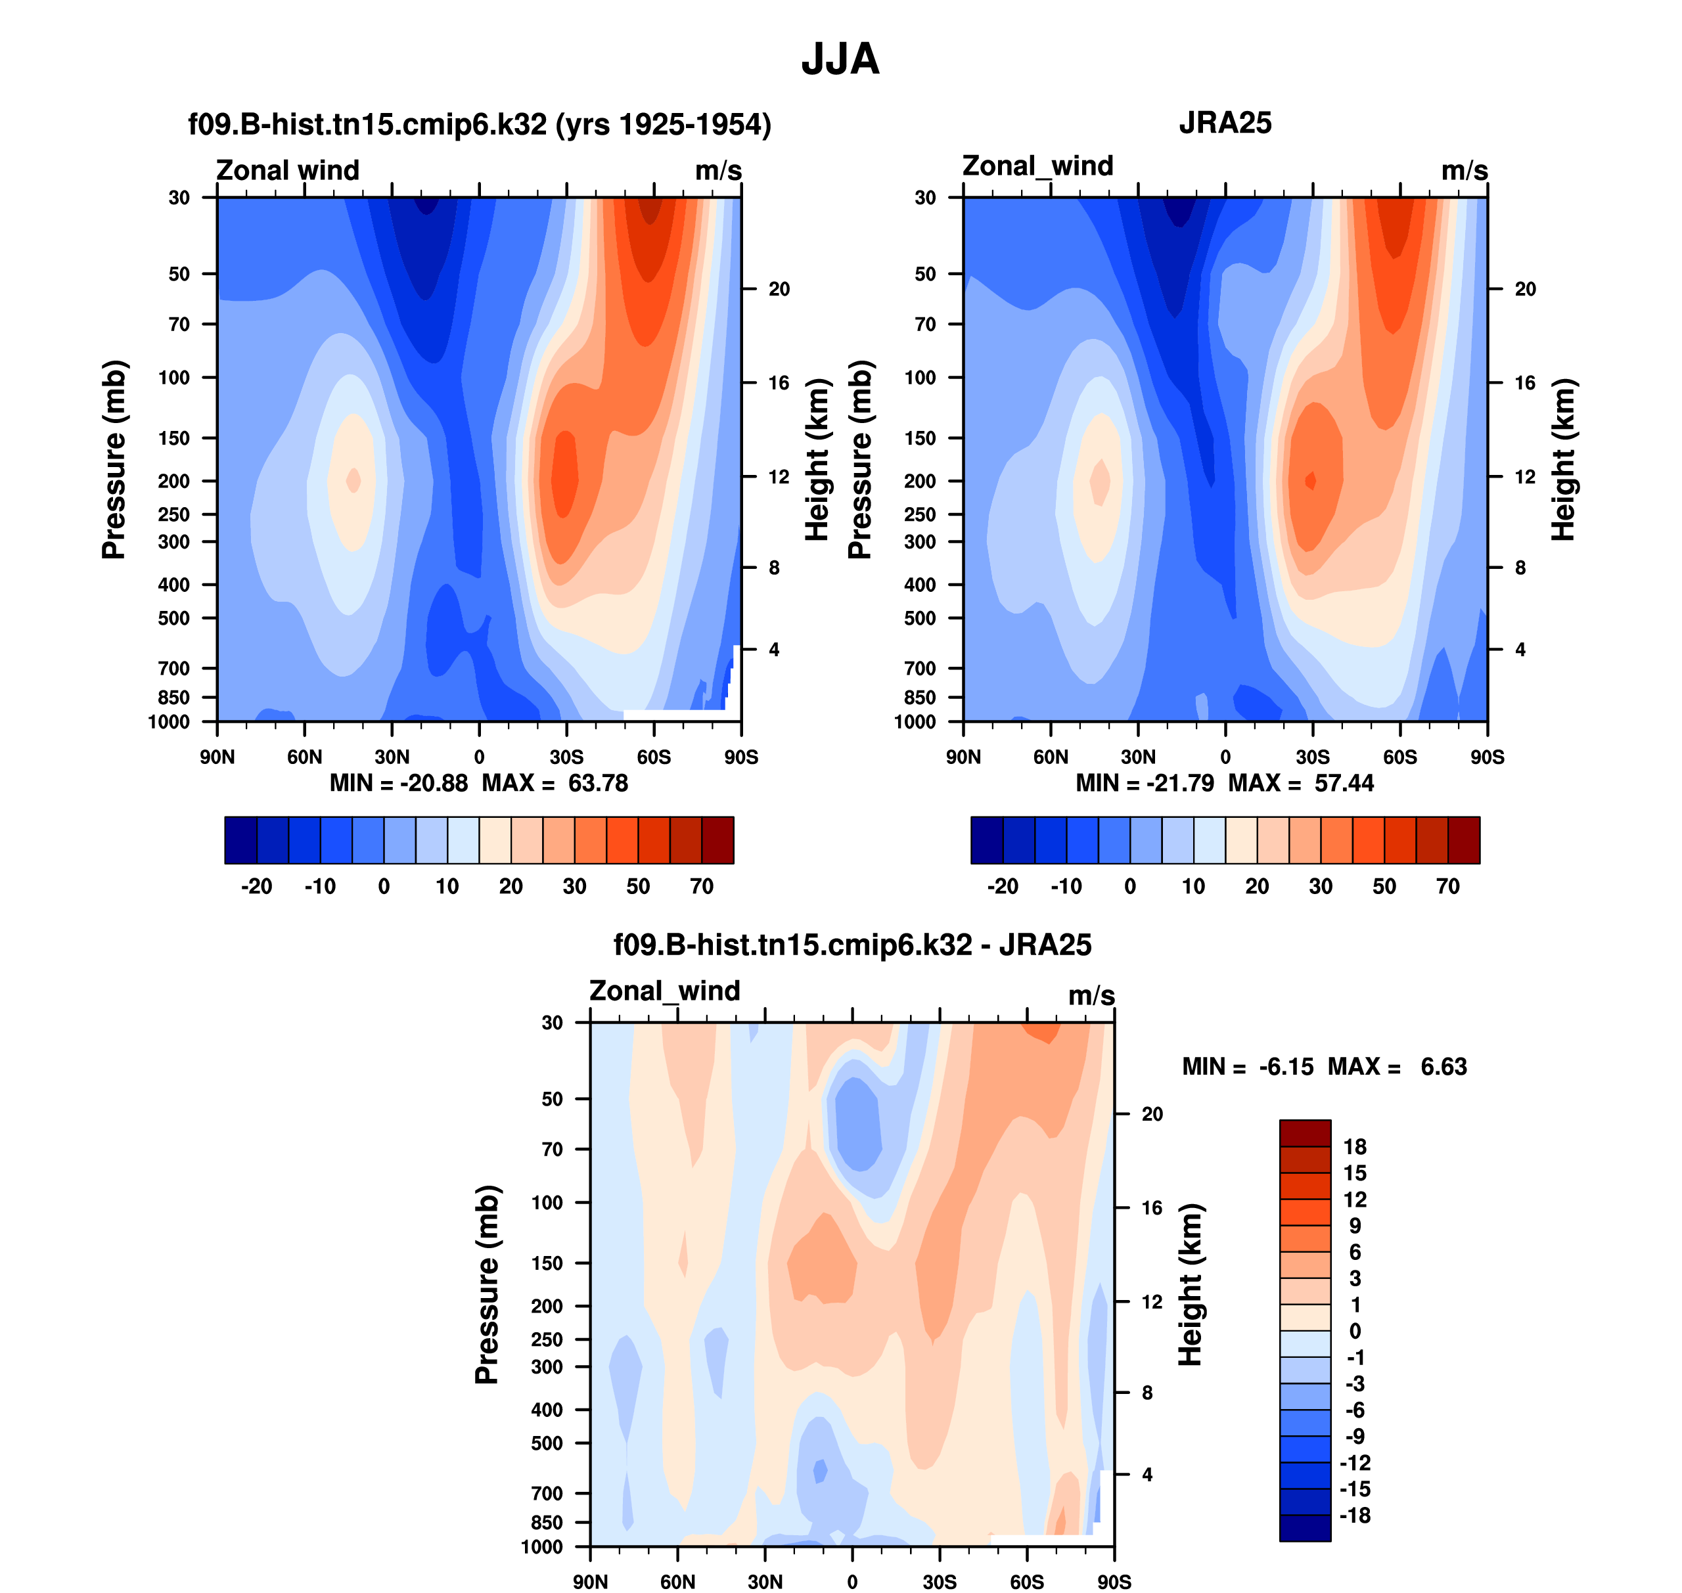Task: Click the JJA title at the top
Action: pos(840,59)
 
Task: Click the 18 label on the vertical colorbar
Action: pos(1355,1147)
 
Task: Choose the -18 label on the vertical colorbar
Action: pos(1355,1515)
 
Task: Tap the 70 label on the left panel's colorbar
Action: pos(702,887)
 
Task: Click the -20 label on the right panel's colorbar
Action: pos(1003,887)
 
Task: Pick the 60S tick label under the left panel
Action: pos(654,757)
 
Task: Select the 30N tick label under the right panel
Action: pos(1139,757)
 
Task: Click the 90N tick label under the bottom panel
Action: pos(591,1582)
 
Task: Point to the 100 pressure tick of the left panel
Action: pos(174,378)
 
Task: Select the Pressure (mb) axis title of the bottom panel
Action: pos(487,1284)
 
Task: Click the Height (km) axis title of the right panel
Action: pos(1563,459)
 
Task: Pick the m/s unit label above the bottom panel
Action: pos(1091,995)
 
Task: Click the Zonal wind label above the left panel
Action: pos(287,170)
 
